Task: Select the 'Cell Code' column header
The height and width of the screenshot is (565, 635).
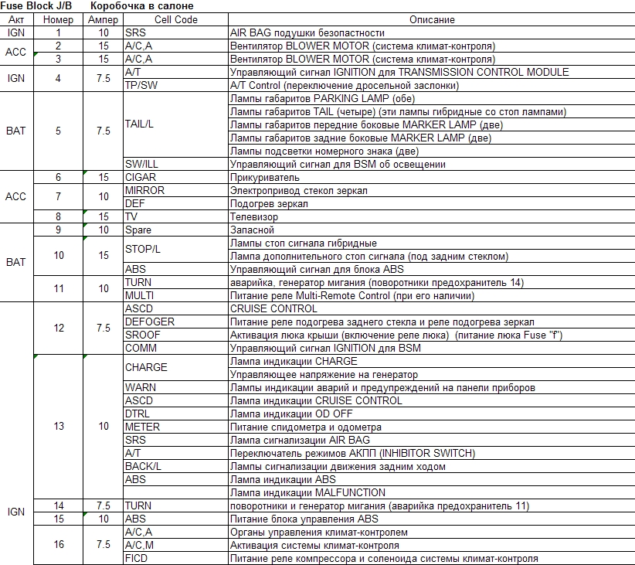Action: [x=175, y=19]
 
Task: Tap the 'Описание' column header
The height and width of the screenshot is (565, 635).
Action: [x=431, y=19]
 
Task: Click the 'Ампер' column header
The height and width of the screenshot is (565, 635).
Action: [x=104, y=19]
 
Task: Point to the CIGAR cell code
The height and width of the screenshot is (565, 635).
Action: [x=141, y=177]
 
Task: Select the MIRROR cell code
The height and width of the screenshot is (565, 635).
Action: [x=144, y=190]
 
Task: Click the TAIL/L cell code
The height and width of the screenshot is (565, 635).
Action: [x=143, y=124]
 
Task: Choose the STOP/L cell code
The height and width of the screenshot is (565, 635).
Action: [x=143, y=249]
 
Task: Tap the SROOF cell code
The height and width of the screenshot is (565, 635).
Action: [x=143, y=335]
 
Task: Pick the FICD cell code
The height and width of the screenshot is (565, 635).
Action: [x=137, y=558]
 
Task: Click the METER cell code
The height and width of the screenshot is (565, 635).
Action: [x=143, y=427]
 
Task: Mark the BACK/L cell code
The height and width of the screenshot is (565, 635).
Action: [x=144, y=466]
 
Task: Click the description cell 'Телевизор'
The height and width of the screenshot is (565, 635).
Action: [x=255, y=216]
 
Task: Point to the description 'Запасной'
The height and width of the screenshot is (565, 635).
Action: [x=253, y=230]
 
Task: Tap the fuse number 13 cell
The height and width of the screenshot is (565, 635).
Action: [x=59, y=427]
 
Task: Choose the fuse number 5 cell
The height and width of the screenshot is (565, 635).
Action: [x=59, y=131]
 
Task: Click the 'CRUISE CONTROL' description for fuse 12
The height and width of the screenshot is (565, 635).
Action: [x=274, y=308]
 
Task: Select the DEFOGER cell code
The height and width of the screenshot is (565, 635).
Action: [x=150, y=322]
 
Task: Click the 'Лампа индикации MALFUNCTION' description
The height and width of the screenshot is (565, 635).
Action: [x=307, y=492]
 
